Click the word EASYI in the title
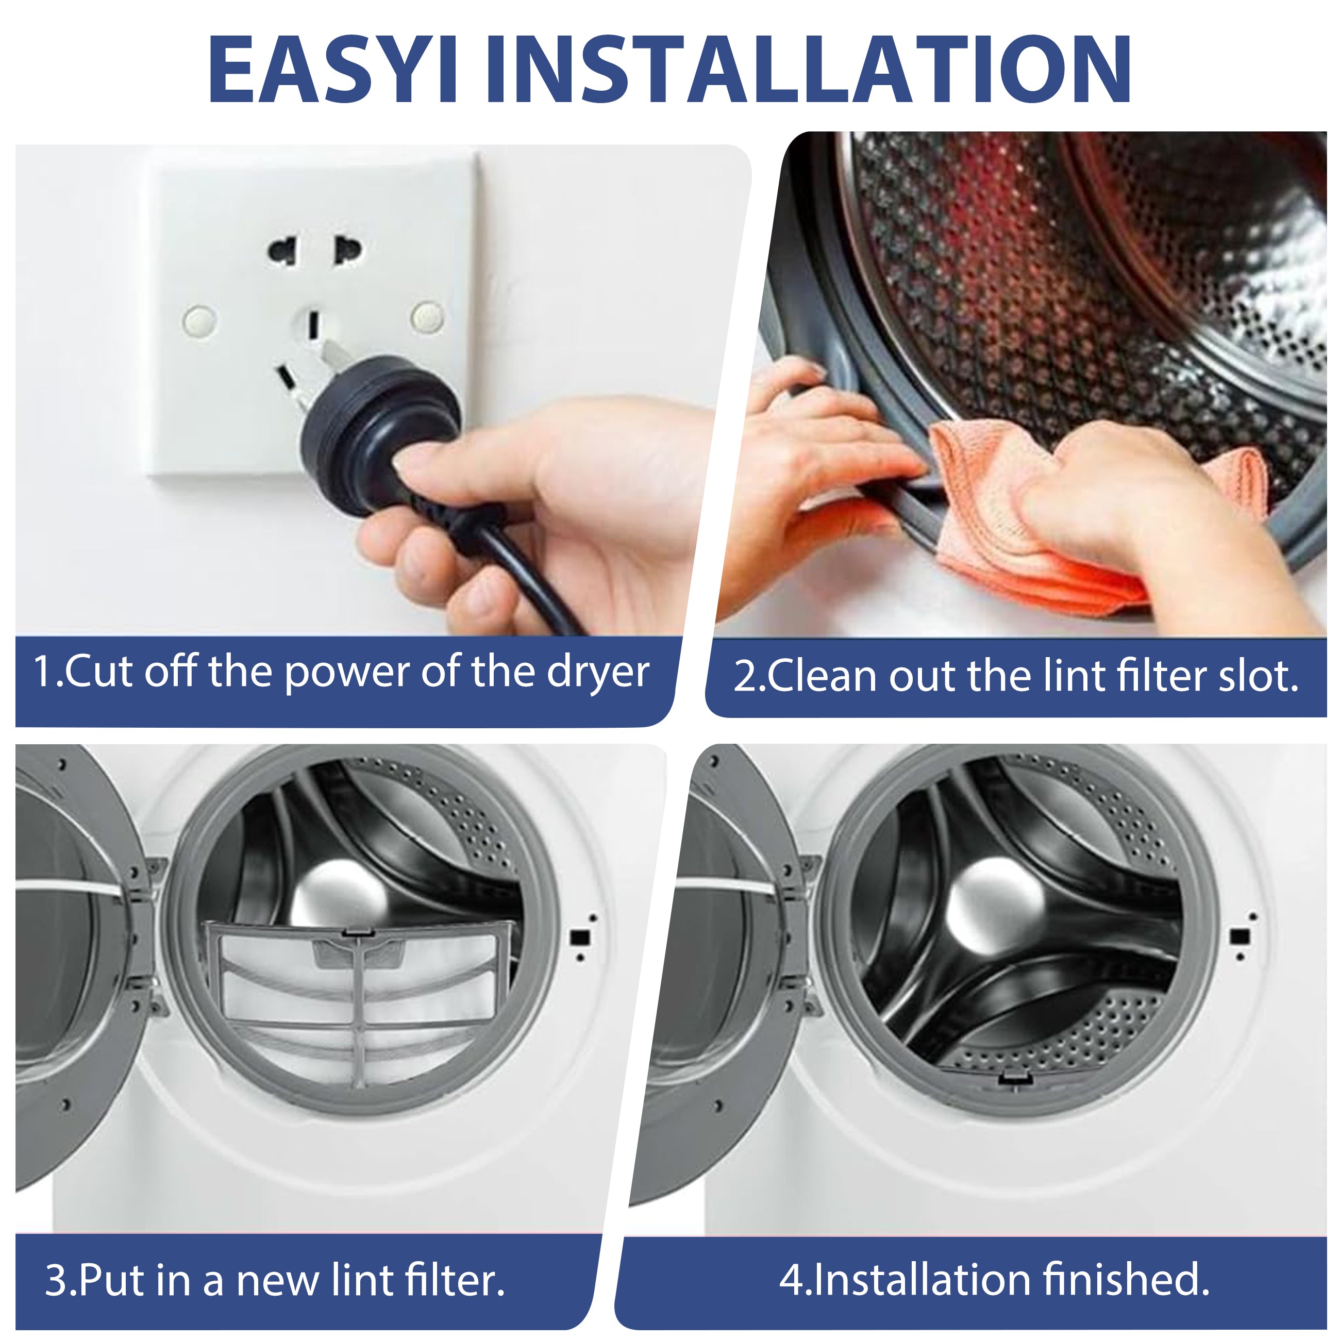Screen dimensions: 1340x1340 (333, 70)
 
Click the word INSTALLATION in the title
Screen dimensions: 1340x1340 (809, 70)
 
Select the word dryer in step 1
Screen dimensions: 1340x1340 (598, 672)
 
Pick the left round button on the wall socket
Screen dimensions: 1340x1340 (200, 321)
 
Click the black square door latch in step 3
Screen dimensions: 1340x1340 (580, 937)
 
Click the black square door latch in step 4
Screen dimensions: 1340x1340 (1239, 936)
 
